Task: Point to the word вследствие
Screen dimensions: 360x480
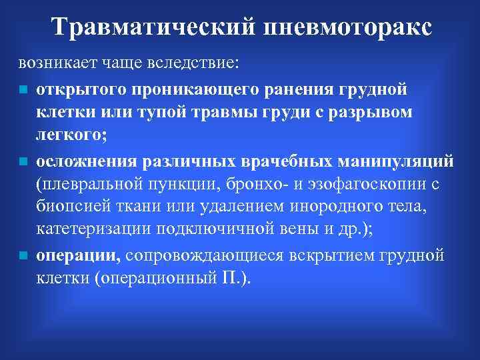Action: [190, 64]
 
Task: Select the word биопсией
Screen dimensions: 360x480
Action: [69, 207]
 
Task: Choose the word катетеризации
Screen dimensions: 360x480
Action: [93, 231]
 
